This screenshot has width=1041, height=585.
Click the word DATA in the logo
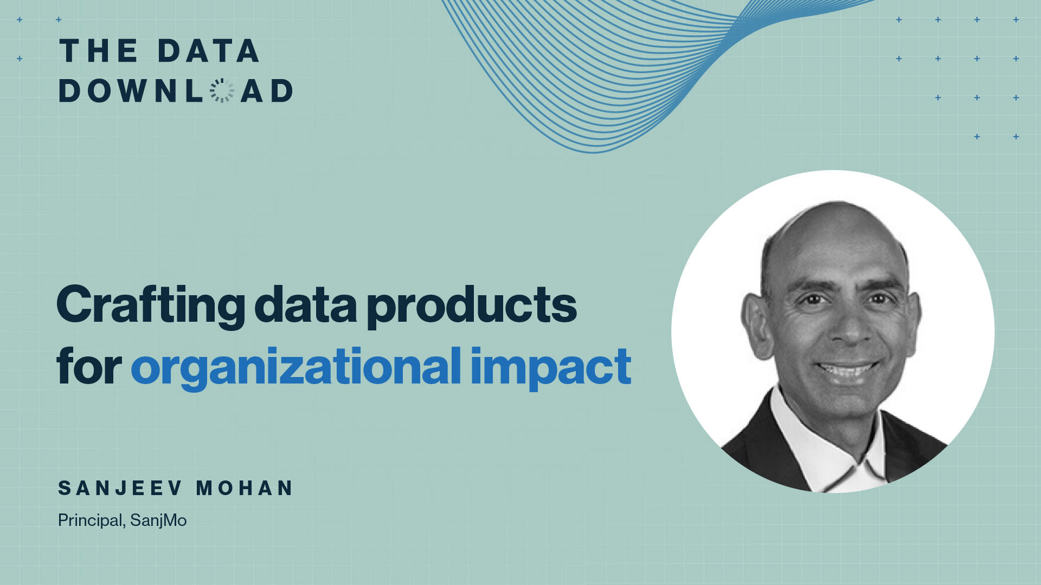point(209,51)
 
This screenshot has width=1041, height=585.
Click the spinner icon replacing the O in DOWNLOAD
point(222,90)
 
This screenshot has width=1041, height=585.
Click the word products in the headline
point(472,306)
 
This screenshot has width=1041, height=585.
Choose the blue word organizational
point(296,368)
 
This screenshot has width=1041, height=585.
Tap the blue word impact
point(551,368)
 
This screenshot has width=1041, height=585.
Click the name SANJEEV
point(120,488)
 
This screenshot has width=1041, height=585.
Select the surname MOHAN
point(245,488)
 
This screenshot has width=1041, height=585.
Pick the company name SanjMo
point(158,520)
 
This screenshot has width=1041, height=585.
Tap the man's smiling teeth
point(847,370)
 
